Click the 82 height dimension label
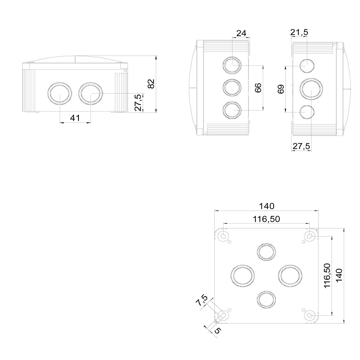[151, 83]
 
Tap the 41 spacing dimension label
[75, 118]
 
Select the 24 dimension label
[241, 33]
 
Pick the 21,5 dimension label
[299, 32]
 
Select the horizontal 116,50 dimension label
[266, 219]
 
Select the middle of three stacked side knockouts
[232, 88]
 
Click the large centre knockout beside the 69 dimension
[312, 89]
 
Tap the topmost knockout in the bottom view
[266, 251]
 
